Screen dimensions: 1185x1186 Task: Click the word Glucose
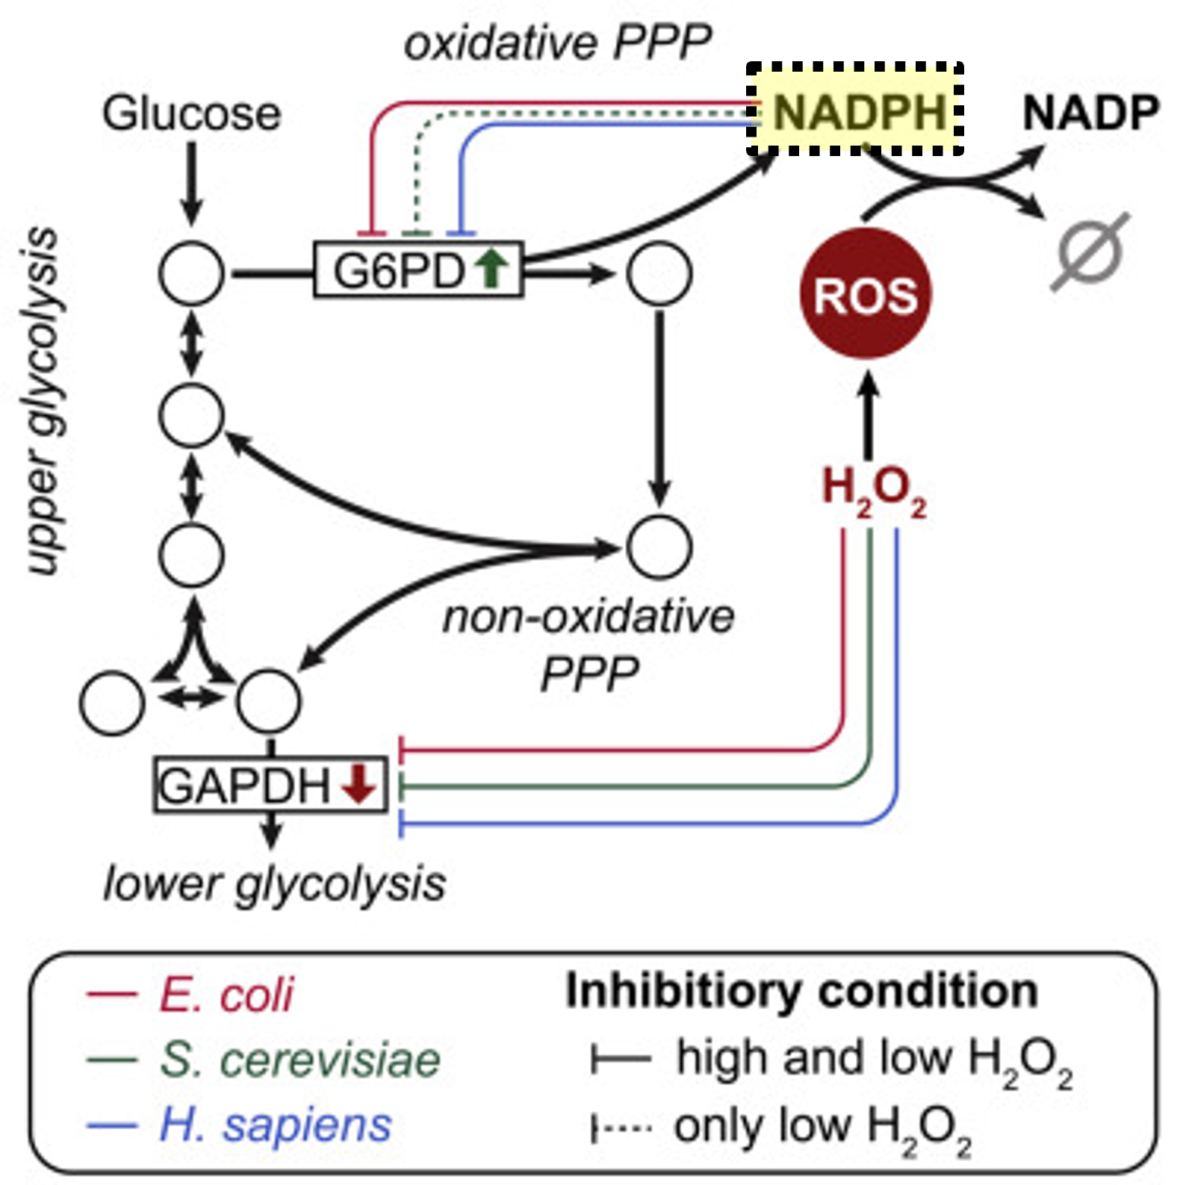coord(192,114)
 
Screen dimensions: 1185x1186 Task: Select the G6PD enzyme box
coord(417,270)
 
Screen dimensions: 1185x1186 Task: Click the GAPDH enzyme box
coord(270,785)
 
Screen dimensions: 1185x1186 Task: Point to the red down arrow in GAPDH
coord(359,783)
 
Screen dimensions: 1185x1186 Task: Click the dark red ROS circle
coord(866,293)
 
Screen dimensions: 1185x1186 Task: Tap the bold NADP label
coord(1090,113)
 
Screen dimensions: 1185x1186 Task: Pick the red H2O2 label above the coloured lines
coord(873,489)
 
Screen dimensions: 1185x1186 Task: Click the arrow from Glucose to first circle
coord(192,183)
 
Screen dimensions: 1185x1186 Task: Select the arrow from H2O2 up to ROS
coord(867,414)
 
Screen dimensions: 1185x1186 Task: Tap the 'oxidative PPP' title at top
coord(557,43)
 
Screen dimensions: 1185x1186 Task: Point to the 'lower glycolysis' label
coord(275,884)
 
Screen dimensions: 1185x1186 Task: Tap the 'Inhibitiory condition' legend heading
coord(801,991)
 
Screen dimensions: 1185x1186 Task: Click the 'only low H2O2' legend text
coord(822,1128)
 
